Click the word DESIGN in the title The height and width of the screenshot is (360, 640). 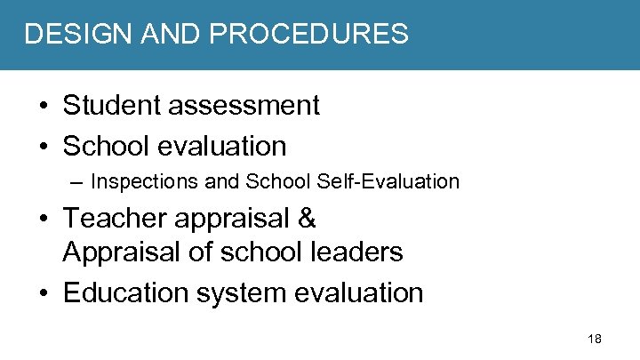tap(67, 34)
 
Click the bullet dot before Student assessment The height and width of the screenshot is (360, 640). tap(44, 106)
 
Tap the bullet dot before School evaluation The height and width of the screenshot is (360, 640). tap(44, 146)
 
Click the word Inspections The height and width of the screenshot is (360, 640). tap(144, 182)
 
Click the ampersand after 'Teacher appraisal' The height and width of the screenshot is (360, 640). tap(307, 218)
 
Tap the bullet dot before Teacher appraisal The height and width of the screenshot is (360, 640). tap(44, 219)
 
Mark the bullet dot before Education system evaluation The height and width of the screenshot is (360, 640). tap(44, 292)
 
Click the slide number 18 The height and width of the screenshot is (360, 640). tap(595, 340)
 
